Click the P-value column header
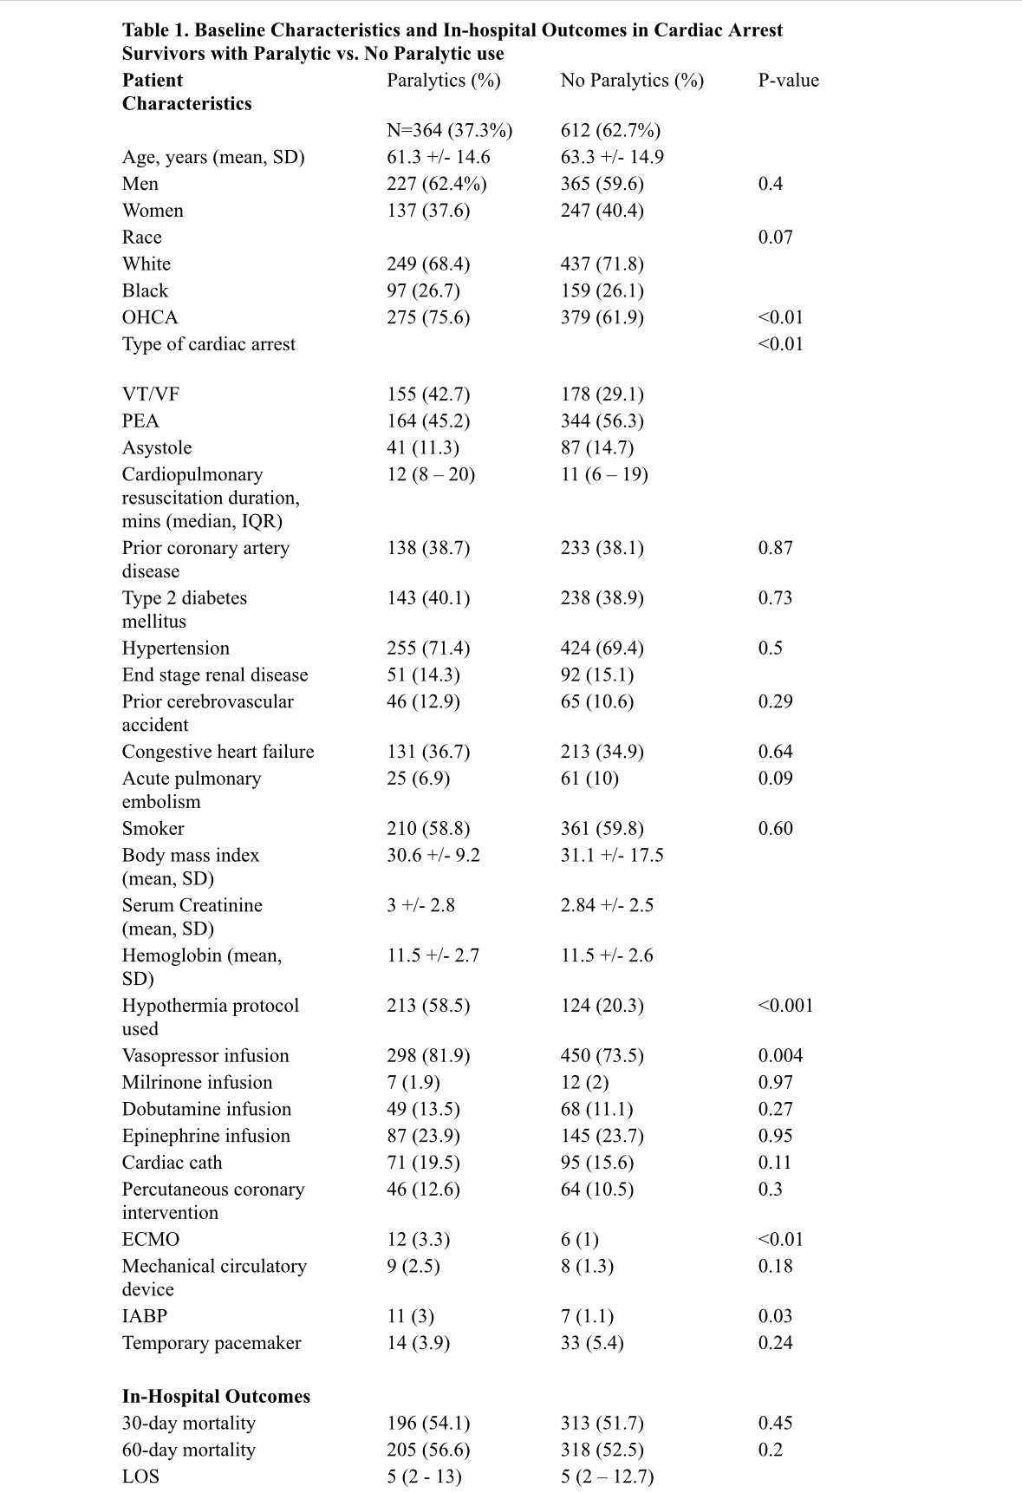tap(788, 81)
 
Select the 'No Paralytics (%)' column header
tap(632, 81)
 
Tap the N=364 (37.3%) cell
tap(449, 131)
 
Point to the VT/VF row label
tap(151, 394)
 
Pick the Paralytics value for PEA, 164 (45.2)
tap(428, 421)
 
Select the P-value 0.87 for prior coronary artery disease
tap(775, 548)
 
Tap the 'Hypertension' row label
tap(176, 649)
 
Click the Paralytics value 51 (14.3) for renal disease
tap(423, 675)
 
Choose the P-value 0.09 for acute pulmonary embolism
tap(775, 779)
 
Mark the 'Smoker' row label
tap(153, 829)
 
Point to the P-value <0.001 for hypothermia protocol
tap(785, 1006)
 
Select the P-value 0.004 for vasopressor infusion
tap(780, 1056)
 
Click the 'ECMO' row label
tap(151, 1240)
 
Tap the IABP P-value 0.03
tap(775, 1316)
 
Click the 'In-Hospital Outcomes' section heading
tap(216, 1397)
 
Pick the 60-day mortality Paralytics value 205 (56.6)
tap(428, 1450)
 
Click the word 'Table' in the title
tap(146, 30)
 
